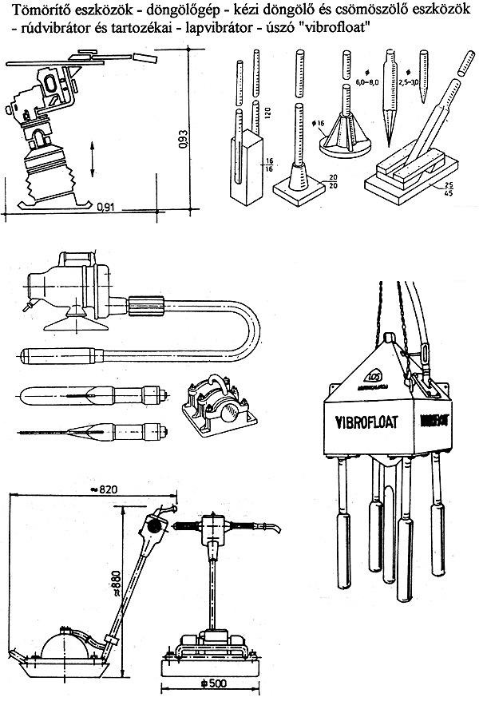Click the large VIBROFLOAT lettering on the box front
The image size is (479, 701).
(x=360, y=416)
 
